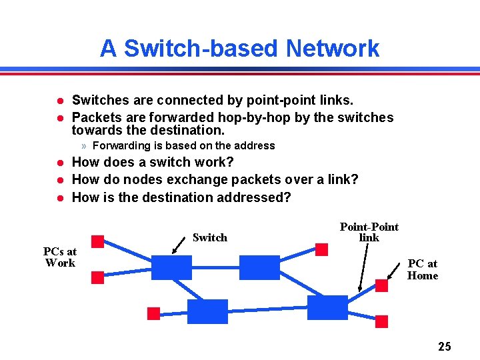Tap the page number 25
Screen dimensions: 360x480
click(445, 346)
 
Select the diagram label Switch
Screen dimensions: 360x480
click(209, 237)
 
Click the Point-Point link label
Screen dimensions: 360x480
click(369, 232)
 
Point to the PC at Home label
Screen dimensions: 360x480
click(423, 270)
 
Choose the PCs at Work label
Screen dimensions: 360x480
click(60, 257)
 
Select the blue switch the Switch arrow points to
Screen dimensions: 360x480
click(171, 267)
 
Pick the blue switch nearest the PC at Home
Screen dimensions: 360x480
click(327, 307)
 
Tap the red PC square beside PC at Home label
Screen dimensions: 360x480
click(381, 285)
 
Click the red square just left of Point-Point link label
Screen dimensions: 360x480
click(321, 249)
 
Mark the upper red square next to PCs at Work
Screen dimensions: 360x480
click(97, 241)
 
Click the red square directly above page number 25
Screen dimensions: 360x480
click(381, 322)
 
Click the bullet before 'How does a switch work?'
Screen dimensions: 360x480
click(59, 162)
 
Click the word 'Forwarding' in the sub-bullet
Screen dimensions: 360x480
click(119, 145)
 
